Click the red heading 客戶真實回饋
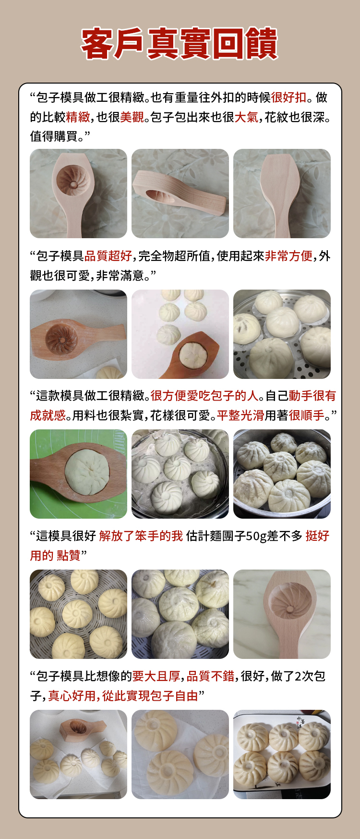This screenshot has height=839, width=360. pyautogui.click(x=180, y=44)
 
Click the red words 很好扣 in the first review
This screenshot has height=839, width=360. pyautogui.click(x=289, y=97)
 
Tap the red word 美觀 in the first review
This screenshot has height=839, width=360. pyautogui.click(x=132, y=117)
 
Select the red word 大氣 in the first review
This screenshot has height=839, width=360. pyautogui.click(x=247, y=117)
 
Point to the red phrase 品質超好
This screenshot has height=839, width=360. pyautogui.click(x=108, y=256)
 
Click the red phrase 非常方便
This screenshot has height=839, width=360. pyautogui.click(x=289, y=256)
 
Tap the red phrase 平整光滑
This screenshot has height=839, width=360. pyautogui.click(x=240, y=415)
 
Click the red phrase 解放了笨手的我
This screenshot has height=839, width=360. pyautogui.click(x=141, y=536)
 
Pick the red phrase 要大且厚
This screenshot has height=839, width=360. pyautogui.click(x=156, y=676)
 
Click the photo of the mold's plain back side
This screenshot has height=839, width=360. pyautogui.click(x=282, y=194)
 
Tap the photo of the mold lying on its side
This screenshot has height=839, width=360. pyautogui.click(x=180, y=194)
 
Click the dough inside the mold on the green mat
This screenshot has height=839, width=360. pyautogui.click(x=87, y=473)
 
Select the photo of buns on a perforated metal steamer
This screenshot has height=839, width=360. pyautogui.click(x=282, y=334)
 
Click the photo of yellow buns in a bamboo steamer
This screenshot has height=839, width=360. pyautogui.click(x=78, y=614)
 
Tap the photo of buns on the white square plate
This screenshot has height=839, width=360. pyautogui.click(x=282, y=754)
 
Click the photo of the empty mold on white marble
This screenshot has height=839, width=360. pyautogui.click(x=282, y=614)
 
